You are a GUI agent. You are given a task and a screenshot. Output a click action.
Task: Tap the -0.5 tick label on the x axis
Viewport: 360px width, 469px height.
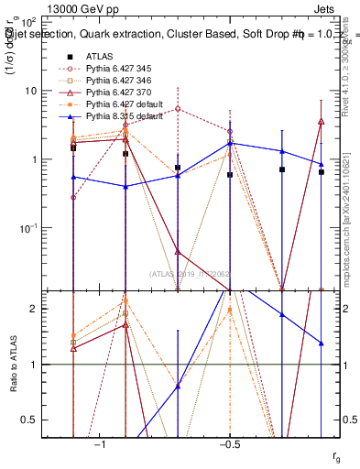(228, 443)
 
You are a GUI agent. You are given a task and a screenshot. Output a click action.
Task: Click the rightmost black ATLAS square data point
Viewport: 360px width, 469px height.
(322, 171)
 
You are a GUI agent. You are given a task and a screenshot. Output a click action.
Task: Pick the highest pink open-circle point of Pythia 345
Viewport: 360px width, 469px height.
(178, 109)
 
